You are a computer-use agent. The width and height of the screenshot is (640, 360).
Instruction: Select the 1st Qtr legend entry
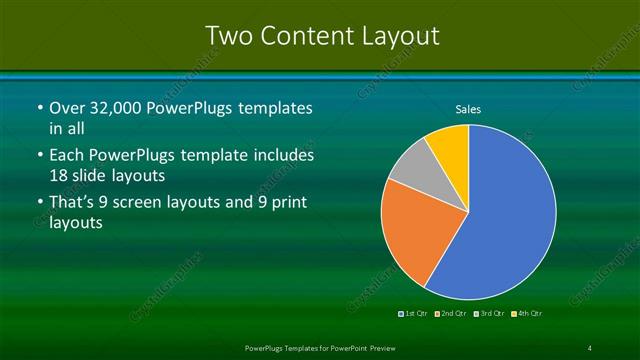click(415, 314)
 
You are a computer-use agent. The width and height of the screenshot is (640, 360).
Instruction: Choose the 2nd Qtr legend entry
click(454, 314)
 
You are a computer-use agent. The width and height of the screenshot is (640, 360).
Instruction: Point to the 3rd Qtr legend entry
click(493, 314)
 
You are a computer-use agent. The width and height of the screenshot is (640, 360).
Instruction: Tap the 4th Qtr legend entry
click(531, 314)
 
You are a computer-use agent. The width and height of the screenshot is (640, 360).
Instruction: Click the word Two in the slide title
click(228, 36)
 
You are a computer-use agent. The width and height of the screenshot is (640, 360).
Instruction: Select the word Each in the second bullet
click(69, 156)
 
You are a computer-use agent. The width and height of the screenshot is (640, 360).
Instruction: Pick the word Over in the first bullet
click(68, 108)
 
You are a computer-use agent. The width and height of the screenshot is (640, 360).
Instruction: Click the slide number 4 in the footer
click(590, 348)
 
